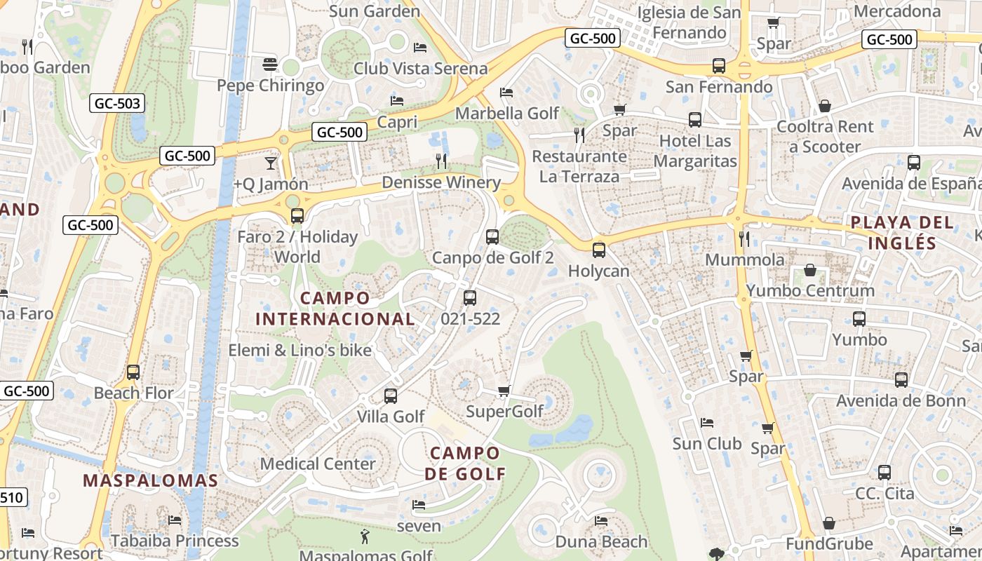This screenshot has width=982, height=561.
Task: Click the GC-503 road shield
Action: (117, 104)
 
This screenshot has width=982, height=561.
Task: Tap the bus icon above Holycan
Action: (598, 250)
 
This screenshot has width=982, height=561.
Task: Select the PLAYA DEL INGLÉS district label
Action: (902, 233)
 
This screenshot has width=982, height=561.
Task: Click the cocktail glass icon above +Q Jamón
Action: (271, 163)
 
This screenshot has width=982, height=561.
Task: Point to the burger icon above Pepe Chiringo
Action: (271, 65)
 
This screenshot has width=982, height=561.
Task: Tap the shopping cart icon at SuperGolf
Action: (504, 391)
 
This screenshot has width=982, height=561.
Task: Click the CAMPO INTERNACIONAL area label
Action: (335, 309)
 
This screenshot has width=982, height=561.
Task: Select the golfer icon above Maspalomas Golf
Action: (365, 537)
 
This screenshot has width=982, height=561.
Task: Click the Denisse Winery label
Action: (441, 183)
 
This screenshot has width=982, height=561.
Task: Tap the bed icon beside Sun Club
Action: (707, 423)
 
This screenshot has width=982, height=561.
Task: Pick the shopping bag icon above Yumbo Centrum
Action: (810, 270)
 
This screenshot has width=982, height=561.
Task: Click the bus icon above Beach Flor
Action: (133, 372)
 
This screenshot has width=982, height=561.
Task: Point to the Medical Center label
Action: (318, 464)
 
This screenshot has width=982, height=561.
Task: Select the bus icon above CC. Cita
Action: (885, 472)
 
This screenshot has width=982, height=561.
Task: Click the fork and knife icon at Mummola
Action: (744, 239)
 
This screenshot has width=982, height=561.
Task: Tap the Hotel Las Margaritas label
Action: (695, 151)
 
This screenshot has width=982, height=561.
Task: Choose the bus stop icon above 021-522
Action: (470, 297)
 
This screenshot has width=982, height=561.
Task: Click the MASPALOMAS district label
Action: (151, 480)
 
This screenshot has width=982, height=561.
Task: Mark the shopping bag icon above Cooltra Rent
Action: (825, 106)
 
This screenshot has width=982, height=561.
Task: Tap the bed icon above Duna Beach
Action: (601, 520)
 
